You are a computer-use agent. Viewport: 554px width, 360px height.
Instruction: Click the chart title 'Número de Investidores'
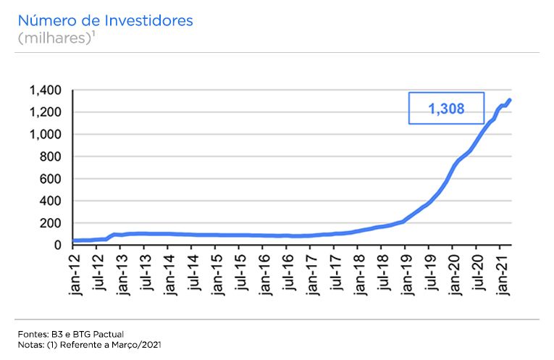point(105,20)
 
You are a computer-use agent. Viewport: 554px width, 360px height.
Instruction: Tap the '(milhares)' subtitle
point(55,38)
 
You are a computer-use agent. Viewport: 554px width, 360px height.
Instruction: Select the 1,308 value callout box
point(446,108)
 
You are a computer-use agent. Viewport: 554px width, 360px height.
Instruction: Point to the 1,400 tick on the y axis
point(46,91)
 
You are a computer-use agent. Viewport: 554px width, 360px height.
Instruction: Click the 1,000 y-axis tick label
point(46,135)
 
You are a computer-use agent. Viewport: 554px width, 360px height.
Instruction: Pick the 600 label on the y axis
point(51,179)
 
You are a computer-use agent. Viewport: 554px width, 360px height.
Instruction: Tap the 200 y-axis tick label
point(51,223)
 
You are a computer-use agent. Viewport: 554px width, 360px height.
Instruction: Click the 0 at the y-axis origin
point(58,245)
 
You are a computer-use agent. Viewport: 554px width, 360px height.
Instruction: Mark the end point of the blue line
point(510,100)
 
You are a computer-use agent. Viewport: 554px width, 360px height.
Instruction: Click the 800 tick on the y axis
point(51,157)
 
